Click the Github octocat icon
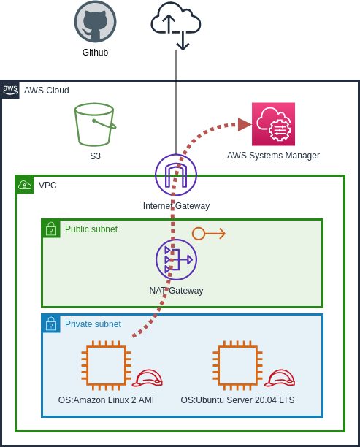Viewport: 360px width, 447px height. (95, 22)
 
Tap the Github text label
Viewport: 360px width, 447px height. (95, 53)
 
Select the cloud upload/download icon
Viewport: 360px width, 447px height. (176, 25)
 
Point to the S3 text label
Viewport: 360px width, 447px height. (95, 156)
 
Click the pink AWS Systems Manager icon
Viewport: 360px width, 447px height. (273, 124)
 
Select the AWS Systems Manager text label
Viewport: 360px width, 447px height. (273, 156)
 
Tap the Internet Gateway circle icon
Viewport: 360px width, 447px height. (176, 175)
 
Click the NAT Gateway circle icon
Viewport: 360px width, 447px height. (176, 259)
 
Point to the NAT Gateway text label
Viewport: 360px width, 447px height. (176, 291)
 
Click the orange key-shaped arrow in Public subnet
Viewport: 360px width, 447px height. (209, 234)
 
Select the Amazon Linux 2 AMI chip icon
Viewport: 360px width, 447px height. (106, 365)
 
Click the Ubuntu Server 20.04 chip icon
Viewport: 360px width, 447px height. (237, 365)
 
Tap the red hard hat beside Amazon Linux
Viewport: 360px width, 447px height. (148, 378)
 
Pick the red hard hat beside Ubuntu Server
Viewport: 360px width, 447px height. (280, 378)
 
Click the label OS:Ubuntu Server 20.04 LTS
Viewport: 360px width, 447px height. (237, 400)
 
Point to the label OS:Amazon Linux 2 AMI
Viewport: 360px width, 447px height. (106, 400)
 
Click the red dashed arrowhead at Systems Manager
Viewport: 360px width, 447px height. (244, 124)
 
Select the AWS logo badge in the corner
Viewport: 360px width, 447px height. (10, 90)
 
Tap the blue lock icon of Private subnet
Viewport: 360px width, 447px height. (51, 324)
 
